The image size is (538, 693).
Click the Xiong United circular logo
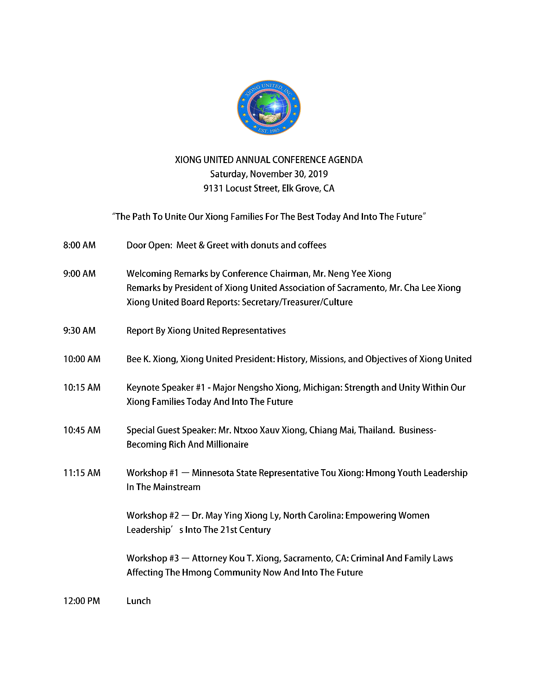[x=269, y=108]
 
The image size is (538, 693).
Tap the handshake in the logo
[x=269, y=118]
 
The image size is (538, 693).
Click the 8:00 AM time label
[x=79, y=245]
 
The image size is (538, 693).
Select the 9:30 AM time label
[x=79, y=331]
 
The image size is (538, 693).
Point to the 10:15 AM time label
[x=82, y=387]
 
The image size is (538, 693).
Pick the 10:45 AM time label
[x=82, y=430]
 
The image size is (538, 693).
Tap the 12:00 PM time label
[x=82, y=601]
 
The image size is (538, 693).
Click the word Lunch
[x=138, y=601]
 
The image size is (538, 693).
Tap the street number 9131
[x=213, y=188]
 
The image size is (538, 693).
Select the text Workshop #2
[x=153, y=516]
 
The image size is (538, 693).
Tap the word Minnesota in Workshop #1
[x=213, y=473]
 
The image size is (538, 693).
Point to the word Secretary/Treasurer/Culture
[x=297, y=302]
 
